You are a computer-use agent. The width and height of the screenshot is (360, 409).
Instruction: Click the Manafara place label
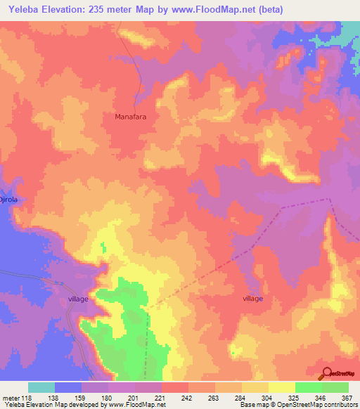[x=131, y=117]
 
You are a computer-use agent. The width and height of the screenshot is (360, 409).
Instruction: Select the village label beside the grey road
[x=78, y=299]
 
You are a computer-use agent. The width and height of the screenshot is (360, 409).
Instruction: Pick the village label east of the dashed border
[x=252, y=299]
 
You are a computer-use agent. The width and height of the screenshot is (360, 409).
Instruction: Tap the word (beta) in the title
[x=290, y=10]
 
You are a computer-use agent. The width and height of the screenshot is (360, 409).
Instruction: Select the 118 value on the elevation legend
[x=28, y=398]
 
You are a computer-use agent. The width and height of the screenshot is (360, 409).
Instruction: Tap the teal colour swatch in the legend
[x=41, y=387]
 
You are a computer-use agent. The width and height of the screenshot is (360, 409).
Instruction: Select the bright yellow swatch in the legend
[x=281, y=387]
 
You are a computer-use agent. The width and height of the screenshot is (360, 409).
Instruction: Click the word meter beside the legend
[x=11, y=398]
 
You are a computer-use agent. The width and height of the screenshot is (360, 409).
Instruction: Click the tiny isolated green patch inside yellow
[x=103, y=247]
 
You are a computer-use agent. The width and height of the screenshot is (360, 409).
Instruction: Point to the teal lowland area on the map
[x=349, y=32]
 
